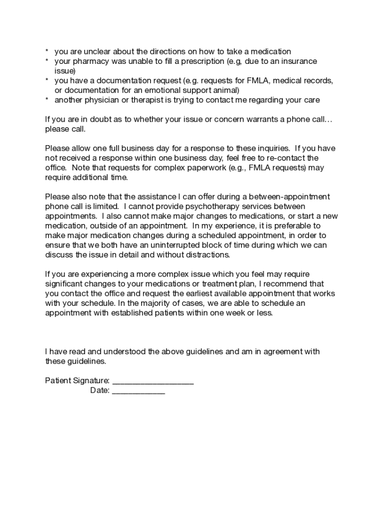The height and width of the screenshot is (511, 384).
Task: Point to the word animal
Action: (x=226, y=90)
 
